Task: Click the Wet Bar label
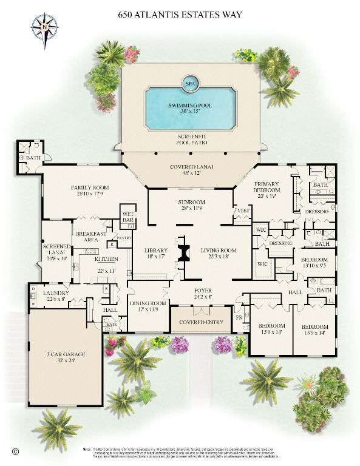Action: coord(127,215)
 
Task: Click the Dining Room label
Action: coord(148,306)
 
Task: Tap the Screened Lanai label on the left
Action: coord(57,253)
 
